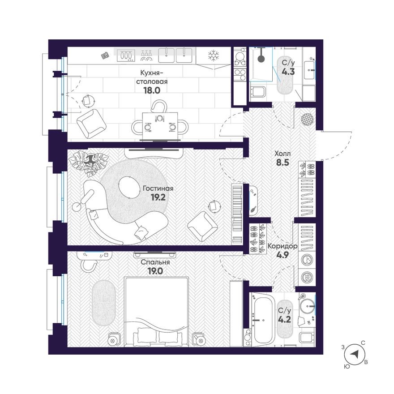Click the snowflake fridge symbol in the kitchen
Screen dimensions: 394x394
click(214, 55)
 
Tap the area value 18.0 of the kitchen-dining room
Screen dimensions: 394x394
click(152, 90)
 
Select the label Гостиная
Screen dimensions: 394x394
click(158, 188)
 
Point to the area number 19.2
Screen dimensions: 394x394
click(158, 197)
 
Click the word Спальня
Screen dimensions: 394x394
click(155, 262)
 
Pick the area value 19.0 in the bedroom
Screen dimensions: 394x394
click(155, 271)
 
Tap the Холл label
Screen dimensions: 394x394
click(283, 153)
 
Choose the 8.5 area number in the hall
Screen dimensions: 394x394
click(283, 163)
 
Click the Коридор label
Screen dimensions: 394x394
click(283, 246)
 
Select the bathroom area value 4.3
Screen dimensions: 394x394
click(288, 72)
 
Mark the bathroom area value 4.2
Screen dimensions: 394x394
click(284, 319)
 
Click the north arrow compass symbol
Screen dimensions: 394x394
click(354, 354)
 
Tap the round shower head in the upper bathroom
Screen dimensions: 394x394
click(261, 59)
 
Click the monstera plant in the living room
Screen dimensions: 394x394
click(89, 162)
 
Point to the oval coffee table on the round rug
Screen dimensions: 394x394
click(129, 188)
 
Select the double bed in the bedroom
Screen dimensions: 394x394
click(156, 312)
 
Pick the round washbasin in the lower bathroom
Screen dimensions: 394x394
click(308, 307)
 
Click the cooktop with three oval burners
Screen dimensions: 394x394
click(126, 55)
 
